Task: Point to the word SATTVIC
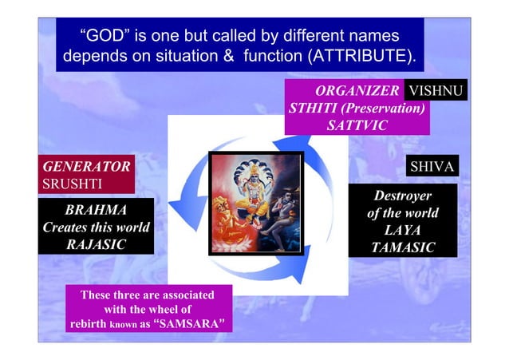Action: click(357, 125)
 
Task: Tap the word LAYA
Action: click(403, 230)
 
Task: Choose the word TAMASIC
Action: click(403, 247)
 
